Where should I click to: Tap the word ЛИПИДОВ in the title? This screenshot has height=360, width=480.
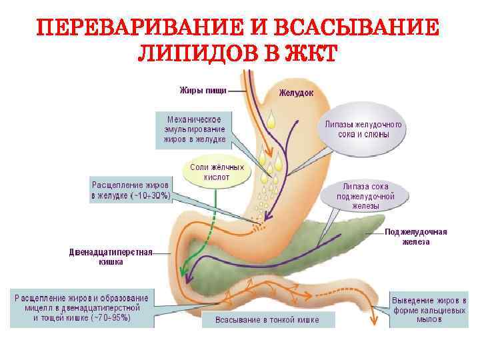(x=194, y=54)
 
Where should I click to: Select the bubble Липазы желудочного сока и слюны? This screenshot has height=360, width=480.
(x=363, y=129)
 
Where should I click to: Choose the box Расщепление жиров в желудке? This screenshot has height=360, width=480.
(x=131, y=190)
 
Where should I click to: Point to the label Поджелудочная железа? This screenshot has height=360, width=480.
(x=416, y=237)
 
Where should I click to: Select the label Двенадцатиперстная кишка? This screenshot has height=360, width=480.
(x=111, y=257)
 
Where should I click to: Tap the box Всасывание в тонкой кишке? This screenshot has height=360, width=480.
(x=267, y=320)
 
